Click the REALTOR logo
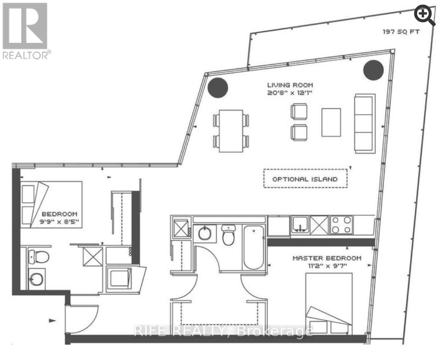26,31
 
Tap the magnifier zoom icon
425,16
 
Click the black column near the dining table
217,87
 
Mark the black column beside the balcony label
374,70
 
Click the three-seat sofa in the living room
365,123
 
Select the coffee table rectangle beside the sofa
331,122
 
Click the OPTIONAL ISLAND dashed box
306,179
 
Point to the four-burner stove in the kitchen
341,225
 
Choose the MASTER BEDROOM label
327,258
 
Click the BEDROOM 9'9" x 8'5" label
60,218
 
